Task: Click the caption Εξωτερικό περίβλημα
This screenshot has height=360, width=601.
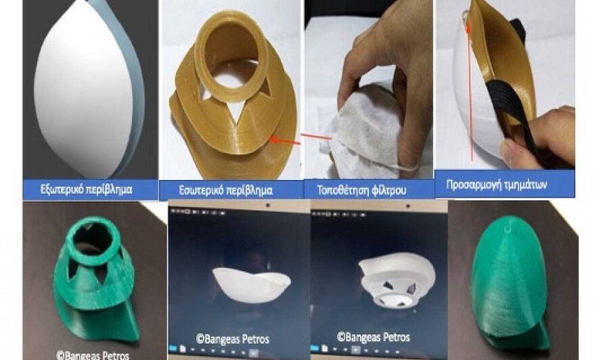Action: tap(86, 190)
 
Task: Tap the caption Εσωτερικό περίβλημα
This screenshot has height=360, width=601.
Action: tap(226, 190)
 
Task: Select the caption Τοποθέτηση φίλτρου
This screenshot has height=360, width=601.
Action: tap(362, 190)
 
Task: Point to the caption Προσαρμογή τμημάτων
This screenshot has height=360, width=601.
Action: tap(497, 185)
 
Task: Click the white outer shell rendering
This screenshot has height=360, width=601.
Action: tap(86, 89)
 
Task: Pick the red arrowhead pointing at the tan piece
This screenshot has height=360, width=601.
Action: tap(274, 139)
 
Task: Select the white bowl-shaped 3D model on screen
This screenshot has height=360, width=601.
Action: tap(251, 284)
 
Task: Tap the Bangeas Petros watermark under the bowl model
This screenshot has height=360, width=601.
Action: tap(233, 339)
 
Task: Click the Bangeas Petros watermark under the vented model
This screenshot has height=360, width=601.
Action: tap(373, 337)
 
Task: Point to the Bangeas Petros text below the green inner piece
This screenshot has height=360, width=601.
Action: tap(93, 355)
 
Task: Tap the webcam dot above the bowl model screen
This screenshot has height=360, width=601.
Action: tap(268, 206)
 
